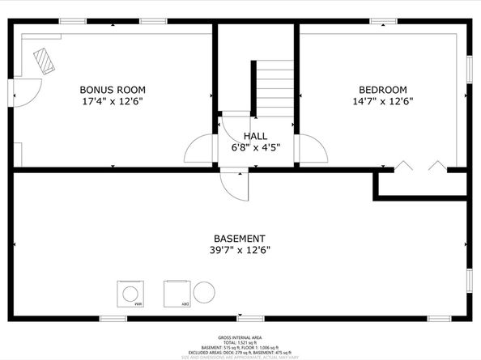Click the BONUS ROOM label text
pyautogui.click(x=113, y=90)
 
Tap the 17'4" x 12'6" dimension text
pyautogui.click(x=113, y=102)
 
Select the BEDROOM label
pyautogui.click(x=382, y=90)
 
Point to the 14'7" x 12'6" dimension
pyautogui.click(x=382, y=102)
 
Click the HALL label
pyautogui.click(x=255, y=136)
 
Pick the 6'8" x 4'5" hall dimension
pyautogui.click(x=255, y=147)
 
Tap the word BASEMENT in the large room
pyautogui.click(x=239, y=239)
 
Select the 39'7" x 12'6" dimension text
pyautogui.click(x=239, y=250)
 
